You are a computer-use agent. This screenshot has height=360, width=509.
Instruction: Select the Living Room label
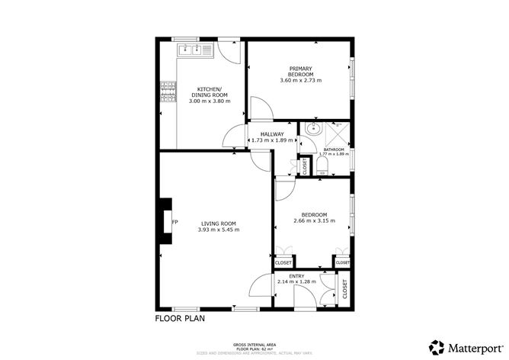tap(218, 223)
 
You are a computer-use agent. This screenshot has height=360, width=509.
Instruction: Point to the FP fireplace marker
tap(174, 223)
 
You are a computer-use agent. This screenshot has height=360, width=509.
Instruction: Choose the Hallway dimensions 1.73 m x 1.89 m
tap(273, 140)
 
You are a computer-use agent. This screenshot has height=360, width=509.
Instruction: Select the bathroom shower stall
tap(336, 133)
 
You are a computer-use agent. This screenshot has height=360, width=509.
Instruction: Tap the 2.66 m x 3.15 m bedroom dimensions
tap(314, 222)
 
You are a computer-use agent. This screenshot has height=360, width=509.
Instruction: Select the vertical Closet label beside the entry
tap(344, 289)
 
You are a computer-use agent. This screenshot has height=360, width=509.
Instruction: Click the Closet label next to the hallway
tap(306, 166)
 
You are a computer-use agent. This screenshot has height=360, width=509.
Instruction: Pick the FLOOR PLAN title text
tap(180, 319)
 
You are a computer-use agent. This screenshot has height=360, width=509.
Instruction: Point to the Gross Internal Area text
tap(254, 345)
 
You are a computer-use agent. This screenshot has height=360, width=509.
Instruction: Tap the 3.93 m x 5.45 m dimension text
tap(218, 230)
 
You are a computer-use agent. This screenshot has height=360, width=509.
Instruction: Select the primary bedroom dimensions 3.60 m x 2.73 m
tap(301, 80)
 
